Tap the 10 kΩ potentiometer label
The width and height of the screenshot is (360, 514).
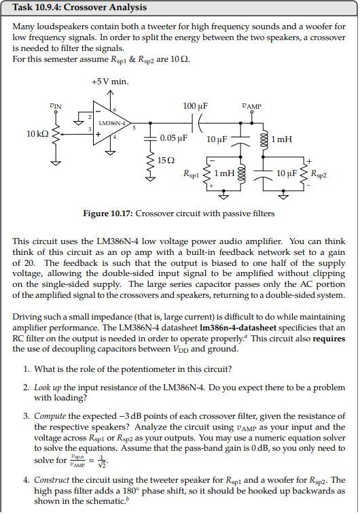click(x=37, y=134)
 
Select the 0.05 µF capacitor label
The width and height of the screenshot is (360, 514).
click(x=173, y=138)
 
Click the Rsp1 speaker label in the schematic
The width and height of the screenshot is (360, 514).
click(x=192, y=174)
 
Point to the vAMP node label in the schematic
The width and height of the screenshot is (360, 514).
click(x=251, y=106)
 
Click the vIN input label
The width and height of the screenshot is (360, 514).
click(x=56, y=105)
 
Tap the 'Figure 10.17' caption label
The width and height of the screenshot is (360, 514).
click(x=109, y=213)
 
